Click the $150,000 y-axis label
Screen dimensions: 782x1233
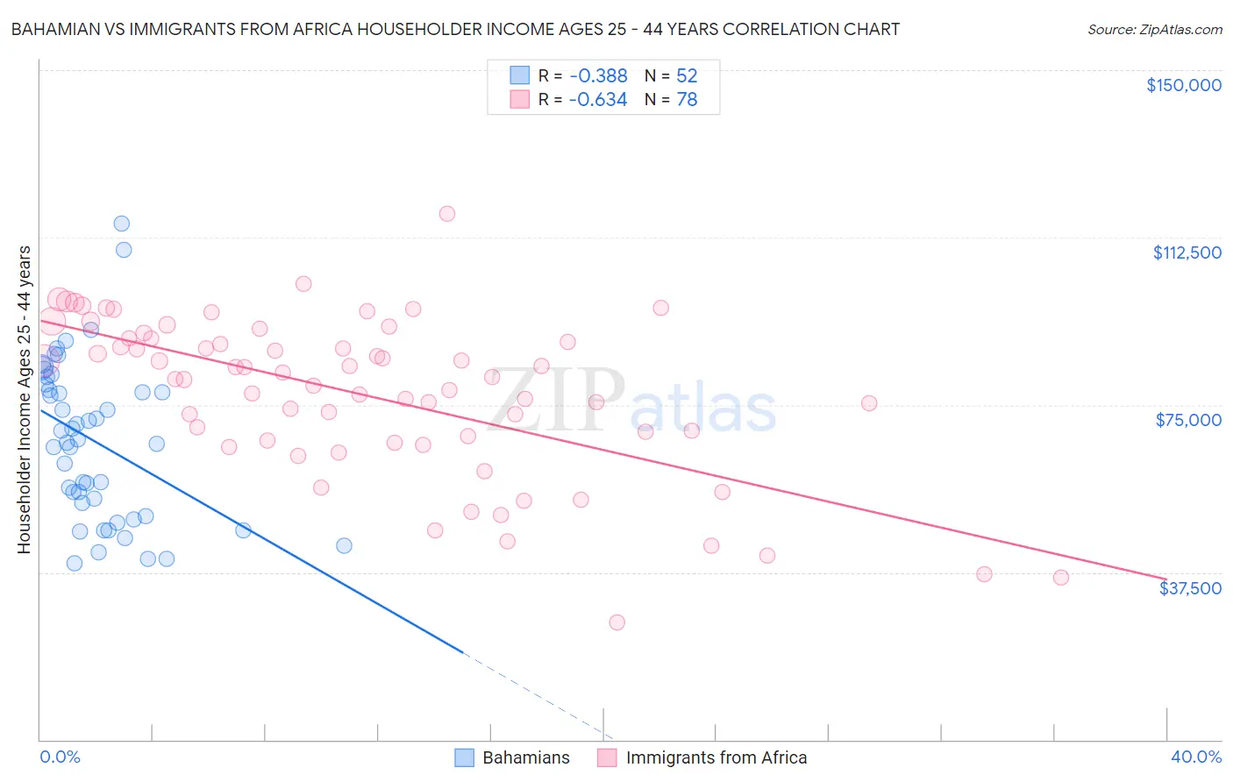(1183, 85)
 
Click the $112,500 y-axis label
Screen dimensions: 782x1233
(1187, 252)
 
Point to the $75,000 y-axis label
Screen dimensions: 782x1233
(1188, 420)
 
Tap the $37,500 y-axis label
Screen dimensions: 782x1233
(1190, 588)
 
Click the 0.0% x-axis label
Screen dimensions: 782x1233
(60, 757)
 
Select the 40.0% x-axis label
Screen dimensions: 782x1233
(1195, 757)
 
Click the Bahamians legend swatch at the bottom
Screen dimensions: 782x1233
(464, 757)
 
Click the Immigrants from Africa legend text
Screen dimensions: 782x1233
(716, 757)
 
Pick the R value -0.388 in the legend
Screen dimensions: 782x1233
(598, 76)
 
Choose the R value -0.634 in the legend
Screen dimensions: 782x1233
(598, 100)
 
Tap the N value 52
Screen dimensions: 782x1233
(687, 76)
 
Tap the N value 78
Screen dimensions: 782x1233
(687, 100)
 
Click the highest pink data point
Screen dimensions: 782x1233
(447, 214)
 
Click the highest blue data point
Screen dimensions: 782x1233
(122, 224)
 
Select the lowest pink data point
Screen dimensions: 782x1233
(617, 622)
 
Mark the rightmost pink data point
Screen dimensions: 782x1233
(1061, 578)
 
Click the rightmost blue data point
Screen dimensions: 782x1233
(345, 546)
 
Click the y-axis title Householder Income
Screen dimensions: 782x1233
(24, 399)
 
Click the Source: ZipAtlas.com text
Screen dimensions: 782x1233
(1154, 30)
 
